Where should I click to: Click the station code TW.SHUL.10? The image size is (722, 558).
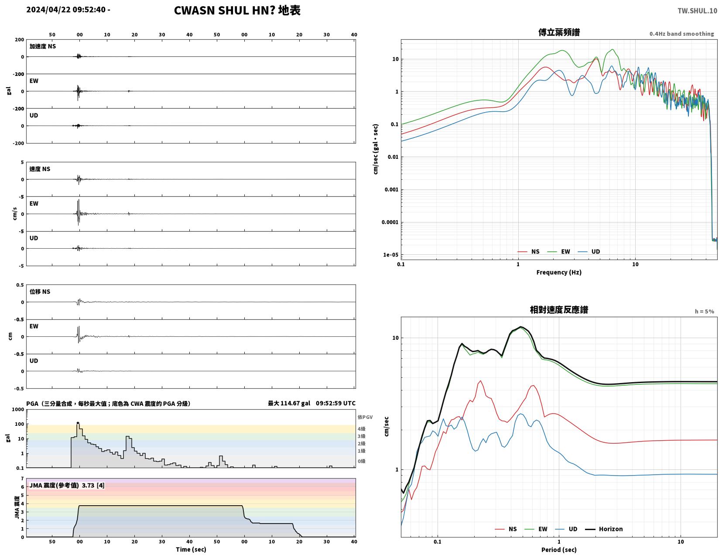click(x=697, y=11)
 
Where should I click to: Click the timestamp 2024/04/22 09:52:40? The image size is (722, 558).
click(x=66, y=10)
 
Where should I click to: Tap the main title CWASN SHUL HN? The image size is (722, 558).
click(x=225, y=10)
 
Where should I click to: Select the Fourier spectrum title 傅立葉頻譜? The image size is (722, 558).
click(x=559, y=32)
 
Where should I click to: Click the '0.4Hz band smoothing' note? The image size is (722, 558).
click(x=681, y=34)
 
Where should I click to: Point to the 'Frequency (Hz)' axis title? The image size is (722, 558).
click(x=559, y=272)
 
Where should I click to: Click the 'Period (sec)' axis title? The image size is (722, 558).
click(x=559, y=550)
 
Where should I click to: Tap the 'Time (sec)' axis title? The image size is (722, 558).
click(x=191, y=549)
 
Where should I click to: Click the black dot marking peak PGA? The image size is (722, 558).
click(x=78, y=423)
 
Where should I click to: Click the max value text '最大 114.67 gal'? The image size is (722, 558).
click(x=289, y=403)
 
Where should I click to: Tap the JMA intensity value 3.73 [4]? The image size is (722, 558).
click(x=93, y=485)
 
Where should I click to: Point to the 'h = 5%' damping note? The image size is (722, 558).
click(x=705, y=311)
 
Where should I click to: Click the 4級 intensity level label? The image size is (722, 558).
click(x=362, y=429)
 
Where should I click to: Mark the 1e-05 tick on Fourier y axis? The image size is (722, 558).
click(x=390, y=255)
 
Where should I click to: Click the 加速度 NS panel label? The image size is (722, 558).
click(x=42, y=46)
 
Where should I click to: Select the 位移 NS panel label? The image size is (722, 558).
click(x=40, y=291)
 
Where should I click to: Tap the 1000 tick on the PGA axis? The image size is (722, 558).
click(x=18, y=410)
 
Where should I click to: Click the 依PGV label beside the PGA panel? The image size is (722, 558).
click(x=365, y=417)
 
